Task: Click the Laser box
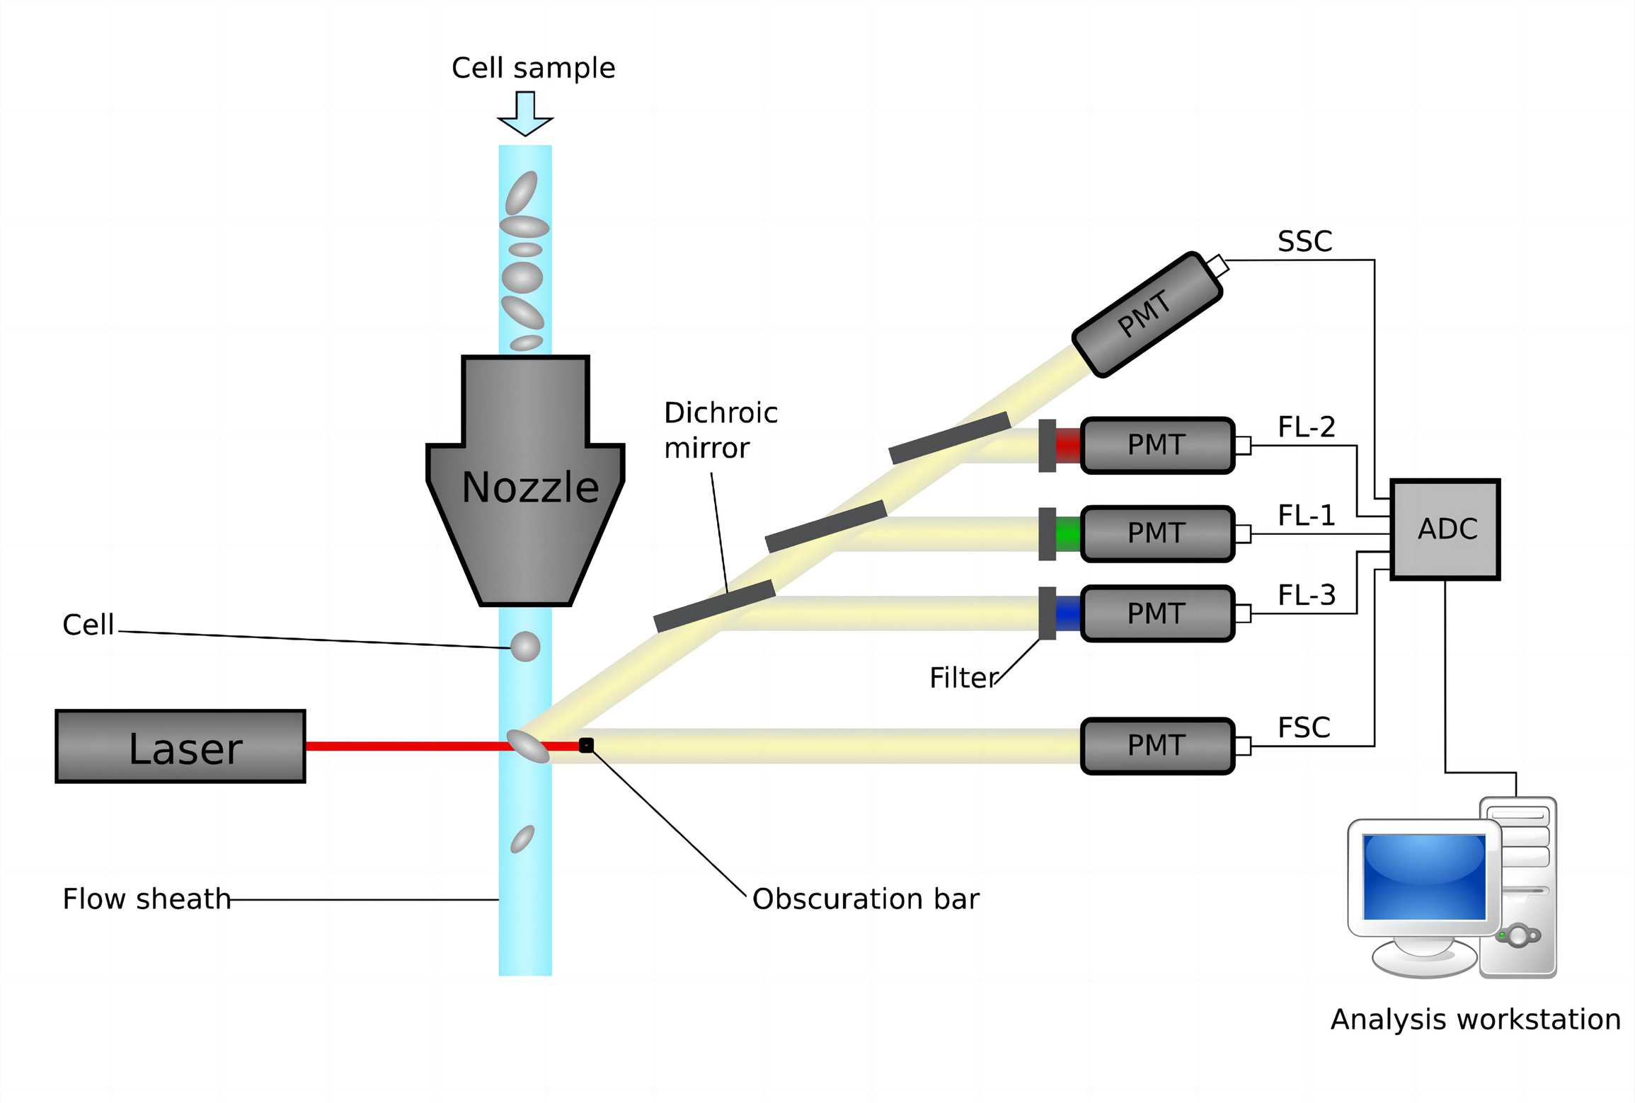tap(180, 746)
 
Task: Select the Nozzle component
tap(525, 488)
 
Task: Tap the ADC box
tap(1445, 529)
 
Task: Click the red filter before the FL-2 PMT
tap(1068, 445)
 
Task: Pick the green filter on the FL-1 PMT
tap(1068, 533)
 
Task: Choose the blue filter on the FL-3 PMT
tap(1068, 613)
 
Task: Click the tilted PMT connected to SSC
tap(1147, 314)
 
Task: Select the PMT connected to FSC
tap(1157, 746)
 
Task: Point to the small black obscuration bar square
tap(586, 745)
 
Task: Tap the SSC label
tap(1304, 242)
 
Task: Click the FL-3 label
tap(1306, 595)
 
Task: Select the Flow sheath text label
tap(147, 899)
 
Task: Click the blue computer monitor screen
tap(1424, 877)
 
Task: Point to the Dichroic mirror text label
tap(720, 430)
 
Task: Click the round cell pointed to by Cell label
tap(525, 647)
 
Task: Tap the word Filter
tap(963, 678)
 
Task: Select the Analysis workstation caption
tap(1475, 1020)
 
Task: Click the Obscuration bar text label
tap(865, 899)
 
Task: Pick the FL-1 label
tap(1306, 515)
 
